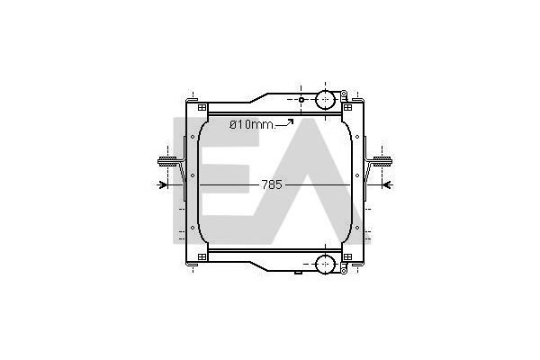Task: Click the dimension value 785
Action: point(272,185)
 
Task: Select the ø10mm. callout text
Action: point(252,124)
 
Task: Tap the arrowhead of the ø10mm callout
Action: point(291,121)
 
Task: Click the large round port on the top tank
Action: point(325,100)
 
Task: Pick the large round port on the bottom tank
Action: point(325,265)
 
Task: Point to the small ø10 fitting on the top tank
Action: point(301,100)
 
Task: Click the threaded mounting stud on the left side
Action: point(167,161)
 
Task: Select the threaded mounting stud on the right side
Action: point(382,161)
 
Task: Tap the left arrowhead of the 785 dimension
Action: point(164,185)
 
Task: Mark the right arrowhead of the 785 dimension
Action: point(386,185)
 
